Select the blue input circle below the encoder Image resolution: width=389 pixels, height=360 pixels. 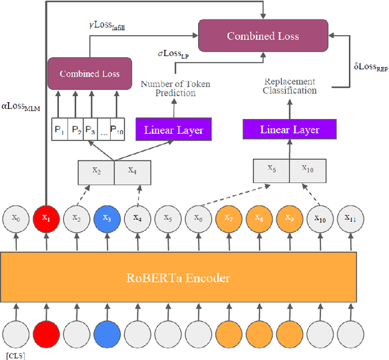(x=107, y=333)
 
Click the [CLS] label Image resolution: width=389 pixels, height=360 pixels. (x=14, y=355)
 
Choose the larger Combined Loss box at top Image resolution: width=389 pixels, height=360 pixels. (x=263, y=36)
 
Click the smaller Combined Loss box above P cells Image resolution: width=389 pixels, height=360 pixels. (x=89, y=74)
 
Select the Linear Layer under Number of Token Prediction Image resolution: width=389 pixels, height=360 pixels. (x=173, y=130)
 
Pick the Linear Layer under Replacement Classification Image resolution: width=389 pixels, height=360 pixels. (x=289, y=130)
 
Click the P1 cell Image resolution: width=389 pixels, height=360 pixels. (x=59, y=131)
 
